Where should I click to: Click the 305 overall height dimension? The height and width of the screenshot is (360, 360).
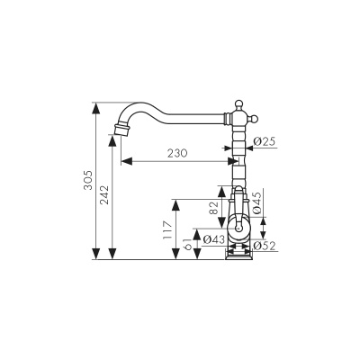(x=88, y=180)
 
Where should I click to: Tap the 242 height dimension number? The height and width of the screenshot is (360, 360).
(x=104, y=195)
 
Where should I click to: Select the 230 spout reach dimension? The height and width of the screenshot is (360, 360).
(x=177, y=153)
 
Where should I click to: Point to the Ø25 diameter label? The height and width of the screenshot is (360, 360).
(x=264, y=141)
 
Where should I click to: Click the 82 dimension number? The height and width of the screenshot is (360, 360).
(x=213, y=208)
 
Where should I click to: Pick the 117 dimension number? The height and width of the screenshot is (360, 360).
(x=166, y=229)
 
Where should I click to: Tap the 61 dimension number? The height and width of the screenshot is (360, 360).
(x=188, y=244)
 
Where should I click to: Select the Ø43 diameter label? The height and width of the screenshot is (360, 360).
(x=214, y=239)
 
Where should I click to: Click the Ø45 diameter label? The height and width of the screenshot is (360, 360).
(x=257, y=202)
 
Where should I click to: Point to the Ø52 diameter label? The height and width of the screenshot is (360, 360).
(x=265, y=246)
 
